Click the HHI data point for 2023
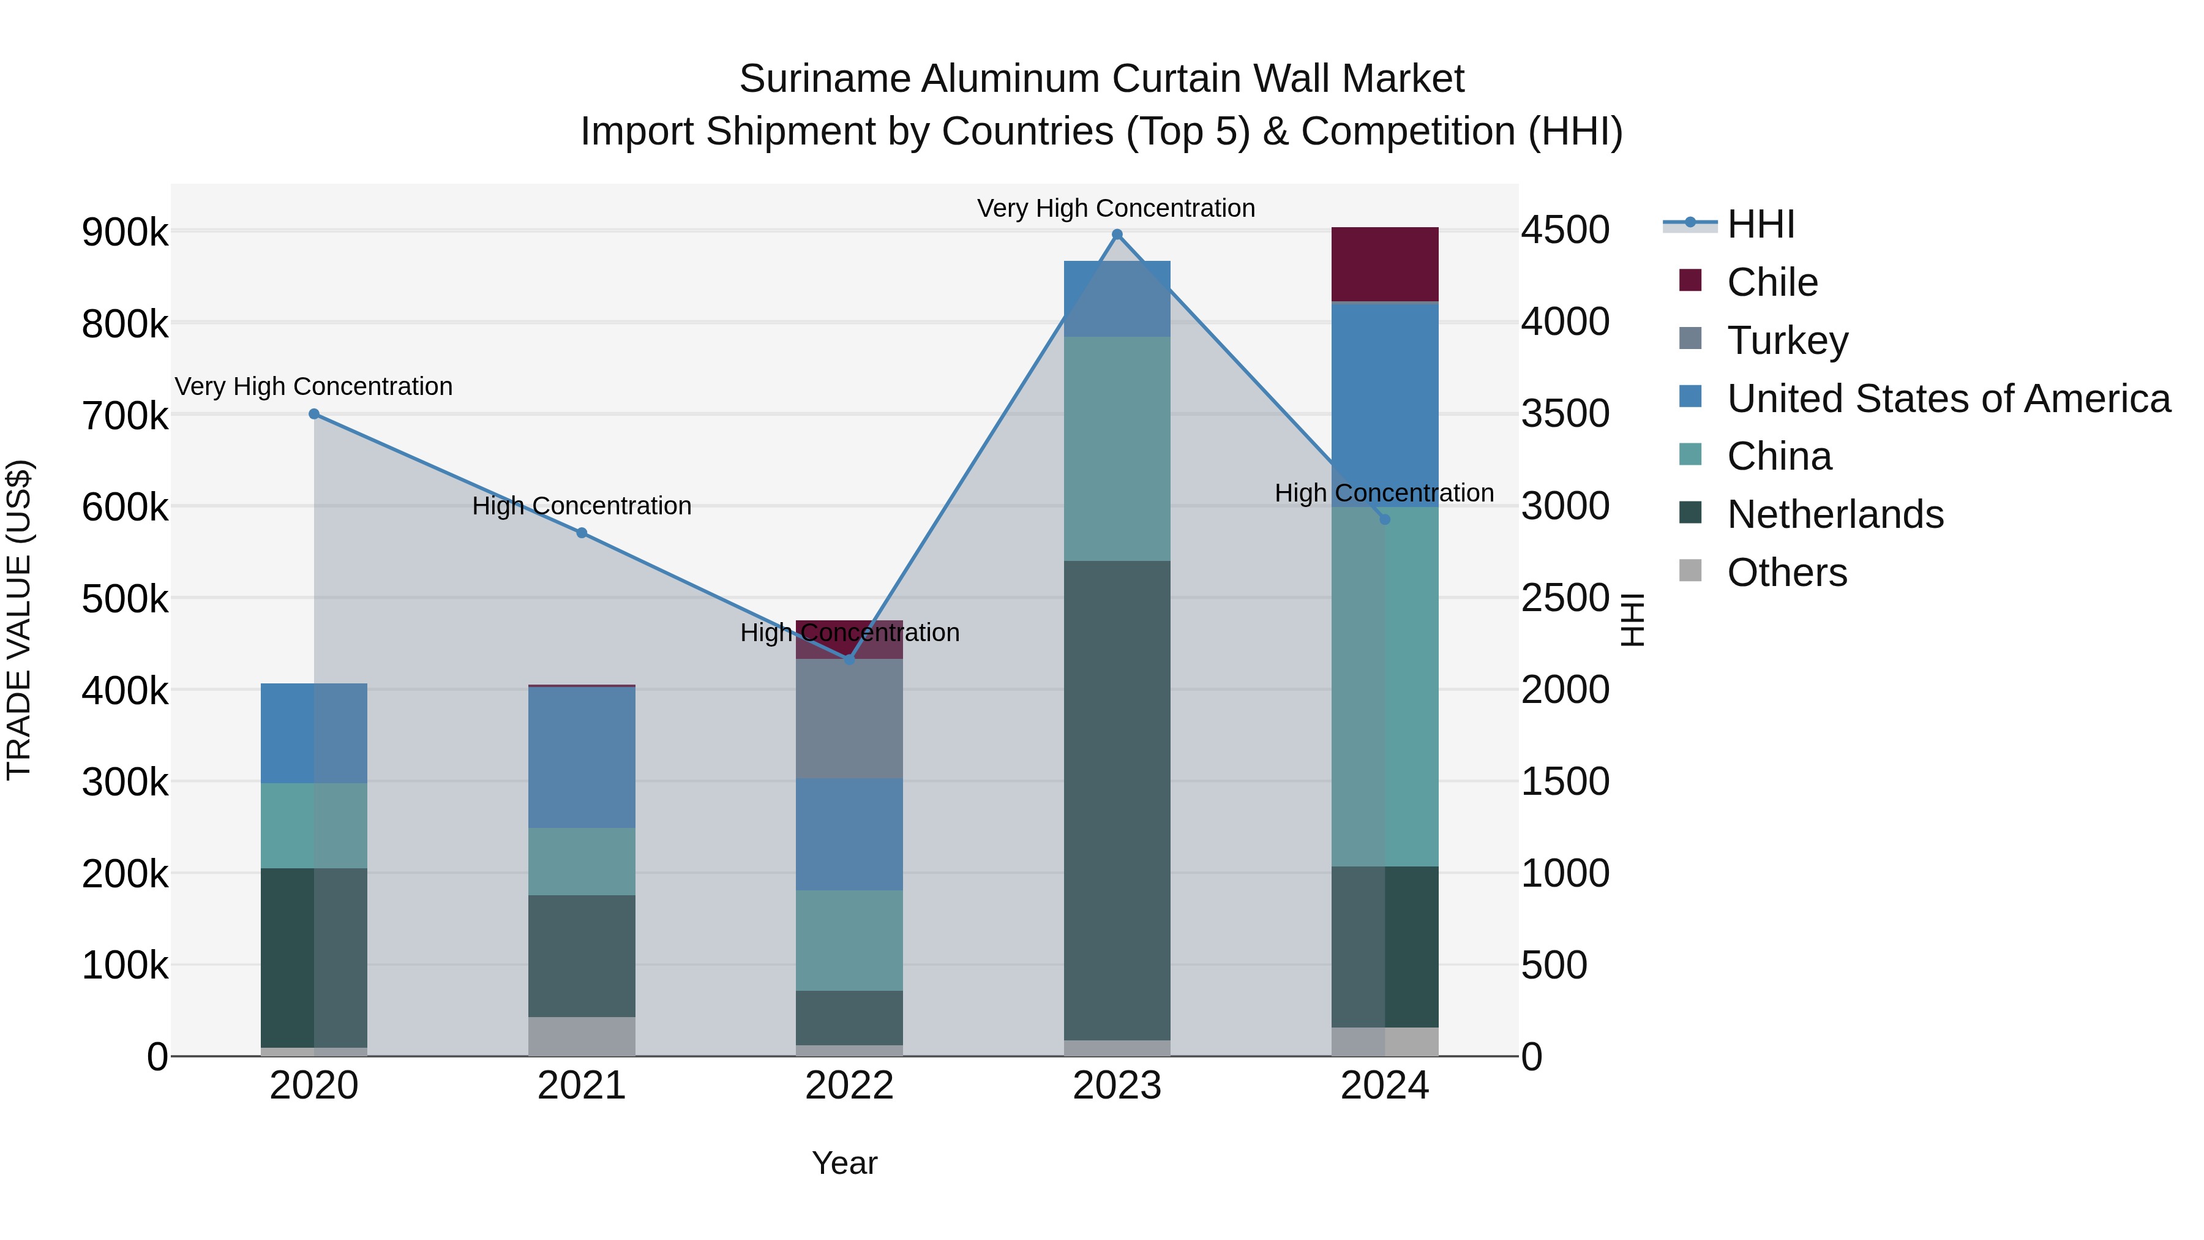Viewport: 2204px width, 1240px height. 1117,235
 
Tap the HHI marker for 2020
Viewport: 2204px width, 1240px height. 314,414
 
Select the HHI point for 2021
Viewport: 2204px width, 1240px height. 582,533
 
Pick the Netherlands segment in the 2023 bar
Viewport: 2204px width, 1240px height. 1117,800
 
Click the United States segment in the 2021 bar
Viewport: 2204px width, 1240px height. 582,757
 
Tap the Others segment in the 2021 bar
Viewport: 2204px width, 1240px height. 582,1036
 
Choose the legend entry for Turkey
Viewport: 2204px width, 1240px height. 1786,340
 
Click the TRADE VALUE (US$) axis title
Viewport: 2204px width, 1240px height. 19,620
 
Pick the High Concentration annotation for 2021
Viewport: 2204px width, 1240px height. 582,506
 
